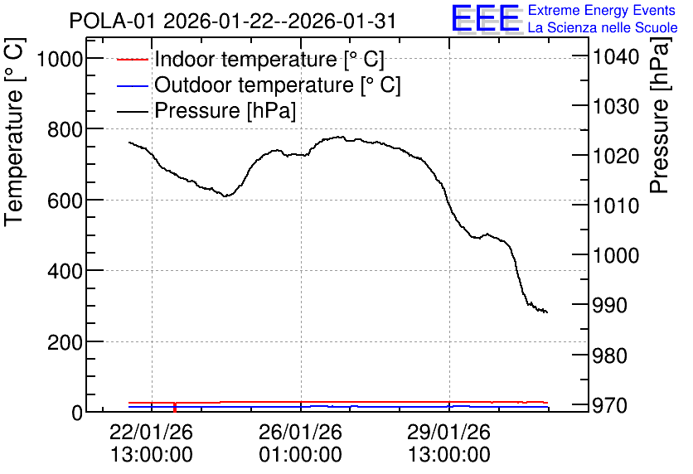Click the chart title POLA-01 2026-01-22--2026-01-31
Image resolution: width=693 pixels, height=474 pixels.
[232, 21]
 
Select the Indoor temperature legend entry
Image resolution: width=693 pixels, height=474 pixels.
[250, 59]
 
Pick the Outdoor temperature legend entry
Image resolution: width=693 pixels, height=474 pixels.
[259, 85]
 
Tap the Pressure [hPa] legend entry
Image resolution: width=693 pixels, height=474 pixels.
[206, 110]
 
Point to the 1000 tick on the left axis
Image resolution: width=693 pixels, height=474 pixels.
[61, 58]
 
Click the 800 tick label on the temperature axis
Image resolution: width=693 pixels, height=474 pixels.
[65, 129]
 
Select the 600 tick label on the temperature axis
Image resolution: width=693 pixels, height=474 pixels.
[65, 200]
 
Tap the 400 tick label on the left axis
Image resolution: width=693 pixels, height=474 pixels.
[65, 271]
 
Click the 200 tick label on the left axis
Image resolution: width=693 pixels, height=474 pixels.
[65, 342]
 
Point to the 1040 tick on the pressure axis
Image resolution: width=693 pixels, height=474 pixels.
[616, 56]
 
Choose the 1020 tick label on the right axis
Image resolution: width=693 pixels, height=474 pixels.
[616, 156]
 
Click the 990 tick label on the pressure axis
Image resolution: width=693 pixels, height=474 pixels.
[609, 305]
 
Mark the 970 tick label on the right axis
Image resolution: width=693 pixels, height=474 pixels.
[609, 405]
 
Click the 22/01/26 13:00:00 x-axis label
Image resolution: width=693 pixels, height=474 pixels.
[152, 443]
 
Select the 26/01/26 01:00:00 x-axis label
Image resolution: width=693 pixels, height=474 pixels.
[301, 443]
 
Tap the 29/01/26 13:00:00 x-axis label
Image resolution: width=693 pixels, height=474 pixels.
[449, 443]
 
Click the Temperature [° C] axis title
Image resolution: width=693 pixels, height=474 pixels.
[15, 133]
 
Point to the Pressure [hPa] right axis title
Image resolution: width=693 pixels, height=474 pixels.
[660, 115]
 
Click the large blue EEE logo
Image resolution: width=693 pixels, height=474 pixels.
[485, 18]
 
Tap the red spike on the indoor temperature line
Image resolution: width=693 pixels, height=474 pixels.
[175, 408]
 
